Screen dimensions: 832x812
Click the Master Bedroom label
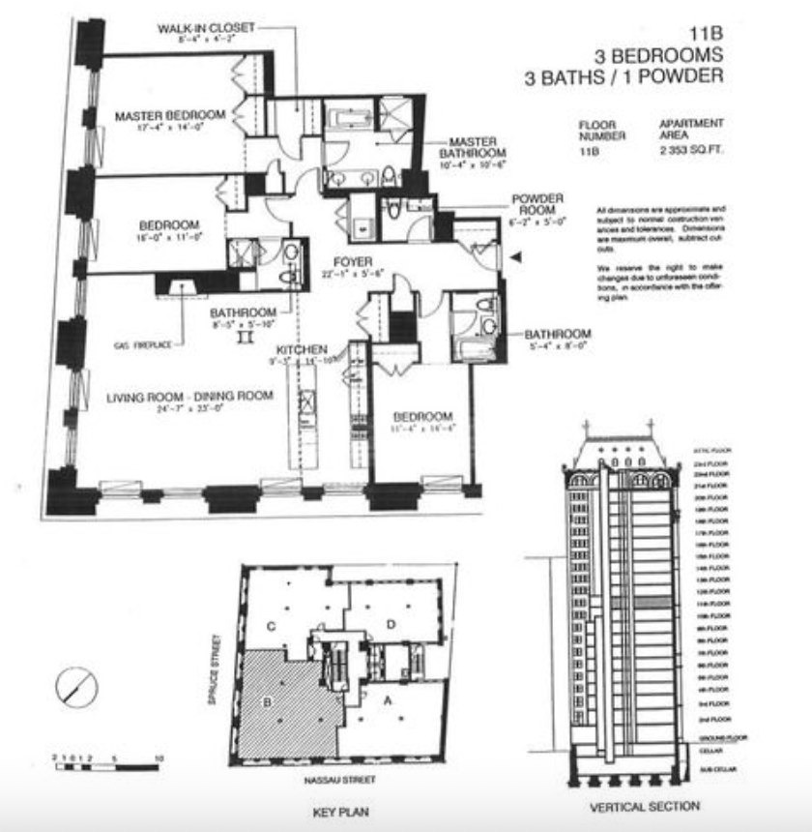tap(170, 115)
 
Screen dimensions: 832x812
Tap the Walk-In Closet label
tap(207, 28)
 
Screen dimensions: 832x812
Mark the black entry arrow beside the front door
tap(516, 256)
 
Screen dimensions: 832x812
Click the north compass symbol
tap(75, 688)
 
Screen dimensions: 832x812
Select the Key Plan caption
tap(340, 812)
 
